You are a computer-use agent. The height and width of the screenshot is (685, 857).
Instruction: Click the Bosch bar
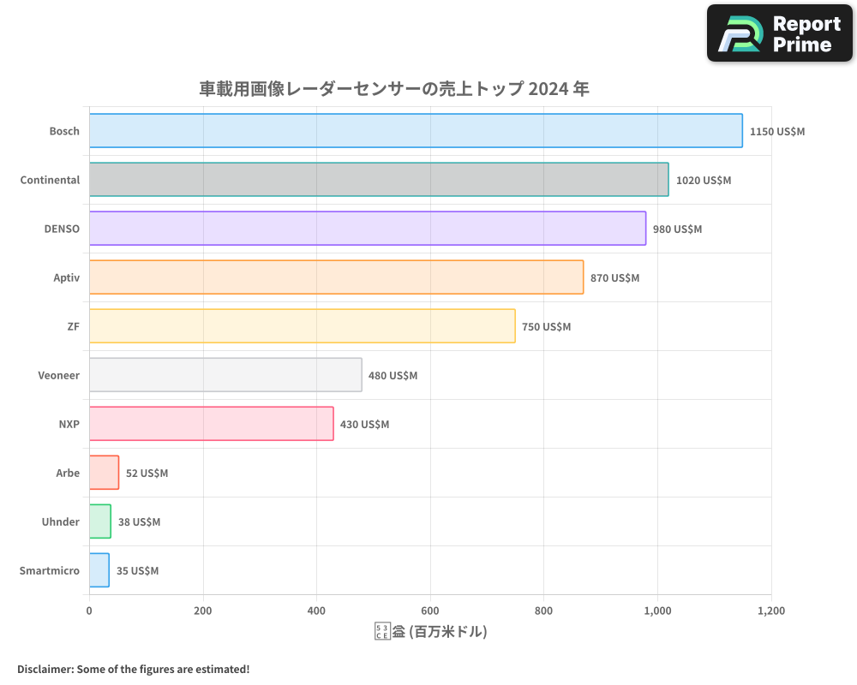(x=416, y=131)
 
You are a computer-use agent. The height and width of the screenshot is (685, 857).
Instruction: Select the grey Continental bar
(x=379, y=180)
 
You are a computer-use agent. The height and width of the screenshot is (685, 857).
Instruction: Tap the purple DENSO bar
(x=368, y=229)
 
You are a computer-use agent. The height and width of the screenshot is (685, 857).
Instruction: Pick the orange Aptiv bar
(x=336, y=277)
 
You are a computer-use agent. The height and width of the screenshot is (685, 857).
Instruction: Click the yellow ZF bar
(x=302, y=326)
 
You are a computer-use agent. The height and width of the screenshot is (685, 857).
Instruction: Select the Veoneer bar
(x=225, y=375)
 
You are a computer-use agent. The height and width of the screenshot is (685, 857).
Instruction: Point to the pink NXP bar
(x=211, y=424)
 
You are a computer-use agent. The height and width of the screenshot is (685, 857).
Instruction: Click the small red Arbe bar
(x=104, y=473)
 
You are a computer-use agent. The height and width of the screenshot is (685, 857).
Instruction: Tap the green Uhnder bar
(x=100, y=521)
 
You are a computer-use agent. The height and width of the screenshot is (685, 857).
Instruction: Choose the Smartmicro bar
(x=99, y=570)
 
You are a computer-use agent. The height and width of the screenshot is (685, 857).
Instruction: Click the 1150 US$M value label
(x=777, y=132)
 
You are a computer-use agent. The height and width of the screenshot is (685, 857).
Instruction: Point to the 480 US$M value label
(x=393, y=376)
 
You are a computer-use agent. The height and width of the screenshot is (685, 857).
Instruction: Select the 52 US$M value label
(x=147, y=474)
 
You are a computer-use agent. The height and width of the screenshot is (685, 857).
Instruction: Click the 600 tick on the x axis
(x=430, y=611)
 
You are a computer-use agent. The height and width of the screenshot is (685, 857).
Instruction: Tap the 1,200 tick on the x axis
(x=770, y=611)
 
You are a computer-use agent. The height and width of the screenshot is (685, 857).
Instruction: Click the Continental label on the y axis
(x=50, y=180)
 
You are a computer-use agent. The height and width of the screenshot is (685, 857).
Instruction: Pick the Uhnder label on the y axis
(x=60, y=521)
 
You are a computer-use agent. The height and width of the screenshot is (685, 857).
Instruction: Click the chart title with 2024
(x=394, y=89)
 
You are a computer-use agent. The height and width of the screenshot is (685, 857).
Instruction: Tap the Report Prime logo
(x=780, y=33)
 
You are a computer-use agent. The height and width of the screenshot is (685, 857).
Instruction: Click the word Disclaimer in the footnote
(x=45, y=669)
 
